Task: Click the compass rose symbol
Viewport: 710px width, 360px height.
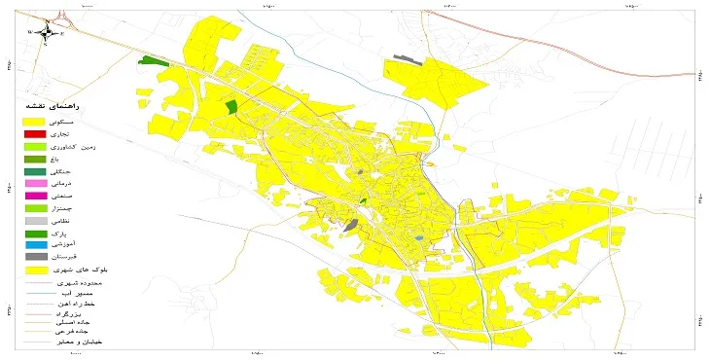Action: (47, 32)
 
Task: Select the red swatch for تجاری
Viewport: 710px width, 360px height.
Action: (35, 133)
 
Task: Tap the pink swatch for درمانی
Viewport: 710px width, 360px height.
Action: (35, 183)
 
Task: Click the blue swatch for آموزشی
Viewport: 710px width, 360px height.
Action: (35, 245)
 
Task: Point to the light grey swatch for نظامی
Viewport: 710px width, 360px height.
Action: (35, 221)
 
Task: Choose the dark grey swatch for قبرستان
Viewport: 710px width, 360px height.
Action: (35, 257)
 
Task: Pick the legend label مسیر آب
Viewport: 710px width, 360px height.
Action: (92, 292)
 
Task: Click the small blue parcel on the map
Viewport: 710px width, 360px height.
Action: (418, 237)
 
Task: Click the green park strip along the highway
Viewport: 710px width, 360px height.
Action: (153, 60)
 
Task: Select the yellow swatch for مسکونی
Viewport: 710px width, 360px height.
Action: (35, 122)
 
